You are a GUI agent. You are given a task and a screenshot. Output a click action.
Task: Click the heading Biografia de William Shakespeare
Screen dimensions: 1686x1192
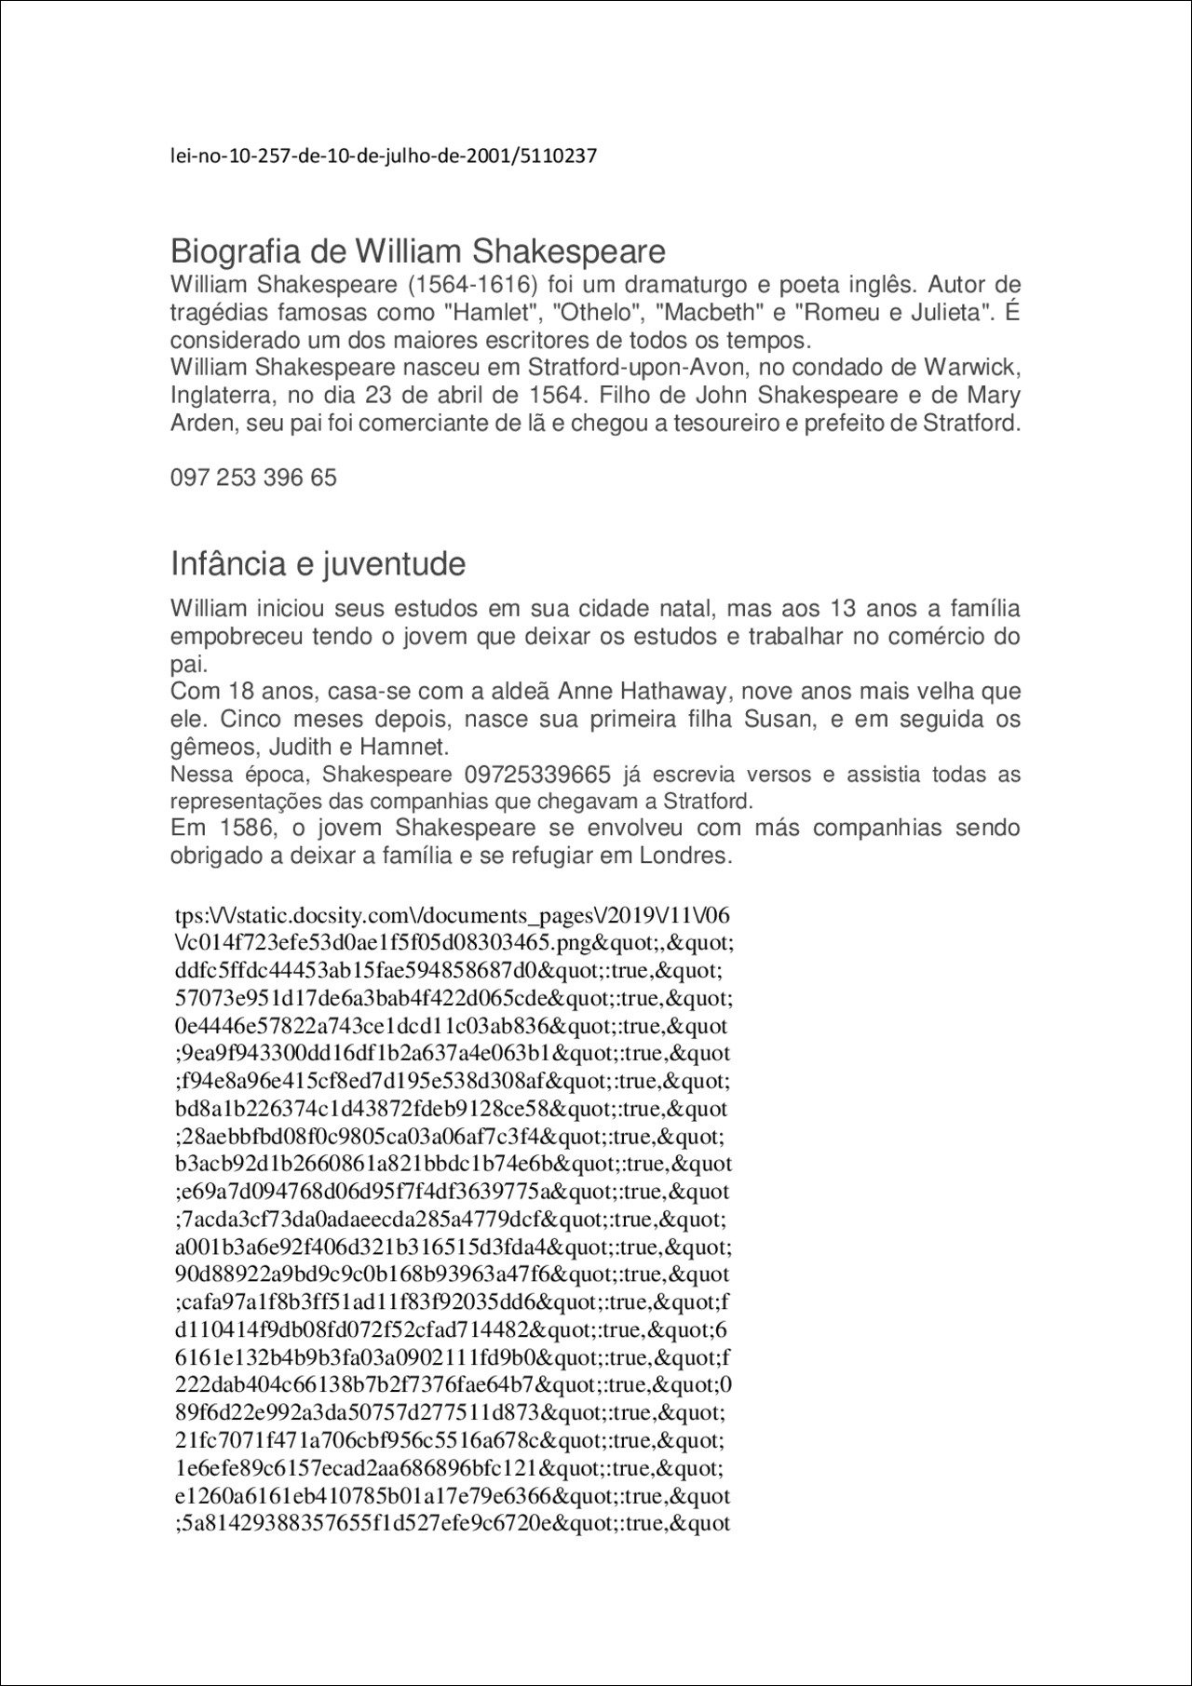418,250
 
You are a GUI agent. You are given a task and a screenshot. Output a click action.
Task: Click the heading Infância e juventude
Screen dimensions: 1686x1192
318,563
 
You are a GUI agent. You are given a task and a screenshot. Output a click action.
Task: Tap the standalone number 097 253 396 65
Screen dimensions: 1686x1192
253,478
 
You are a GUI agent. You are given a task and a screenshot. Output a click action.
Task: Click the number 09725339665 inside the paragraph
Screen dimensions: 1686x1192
537,775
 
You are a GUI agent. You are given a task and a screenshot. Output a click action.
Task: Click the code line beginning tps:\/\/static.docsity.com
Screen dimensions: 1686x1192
458,915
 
